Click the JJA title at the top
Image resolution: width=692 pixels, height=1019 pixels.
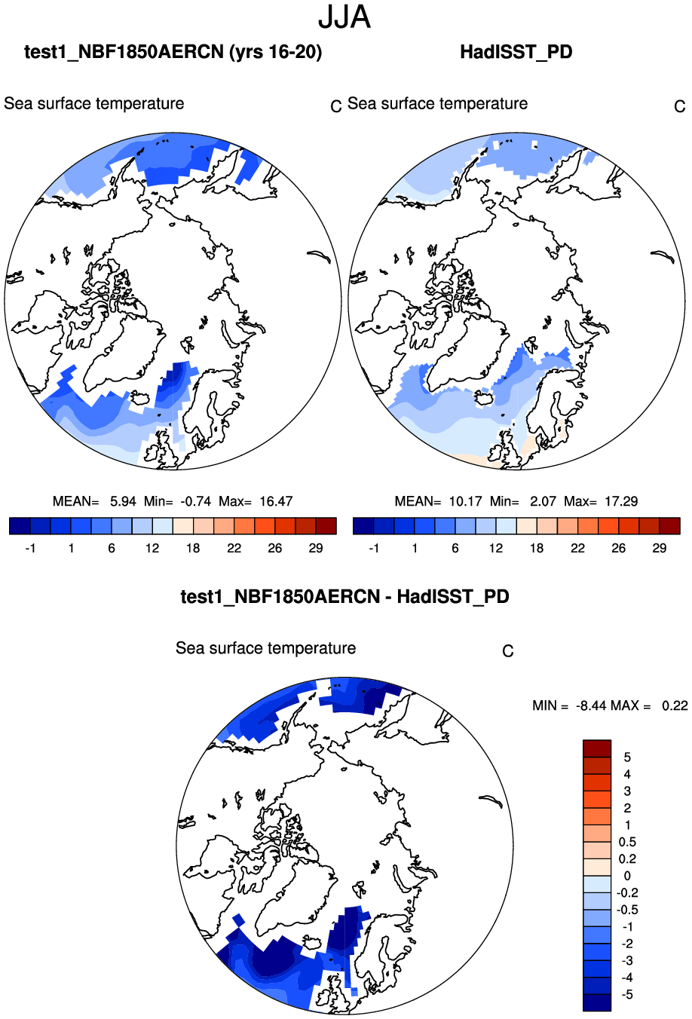(x=344, y=17)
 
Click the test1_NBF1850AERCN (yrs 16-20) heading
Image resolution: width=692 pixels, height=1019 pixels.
(x=173, y=52)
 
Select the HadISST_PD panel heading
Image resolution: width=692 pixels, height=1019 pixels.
(x=516, y=52)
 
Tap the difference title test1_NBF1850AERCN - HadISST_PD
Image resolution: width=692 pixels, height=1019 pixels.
(x=344, y=597)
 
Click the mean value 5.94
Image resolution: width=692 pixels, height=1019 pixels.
(x=123, y=501)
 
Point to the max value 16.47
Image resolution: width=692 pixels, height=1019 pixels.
(x=276, y=501)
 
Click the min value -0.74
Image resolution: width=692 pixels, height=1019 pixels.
(x=196, y=501)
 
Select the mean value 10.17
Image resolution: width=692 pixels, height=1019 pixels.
(x=466, y=501)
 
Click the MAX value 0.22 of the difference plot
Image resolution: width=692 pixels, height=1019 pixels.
(x=675, y=705)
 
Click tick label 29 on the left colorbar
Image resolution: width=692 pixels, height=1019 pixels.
(x=316, y=549)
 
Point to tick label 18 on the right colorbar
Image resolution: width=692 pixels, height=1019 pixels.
(x=537, y=549)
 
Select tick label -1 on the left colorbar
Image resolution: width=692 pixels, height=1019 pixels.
(x=30, y=549)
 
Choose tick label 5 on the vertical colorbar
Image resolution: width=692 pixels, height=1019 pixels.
(x=627, y=757)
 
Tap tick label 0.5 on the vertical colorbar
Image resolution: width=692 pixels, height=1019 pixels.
(x=627, y=842)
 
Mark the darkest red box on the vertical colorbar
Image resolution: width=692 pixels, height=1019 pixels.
(x=596, y=748)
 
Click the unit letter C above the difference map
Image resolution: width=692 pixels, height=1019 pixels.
(x=508, y=651)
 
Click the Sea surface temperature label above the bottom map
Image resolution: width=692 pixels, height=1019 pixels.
(x=265, y=648)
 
